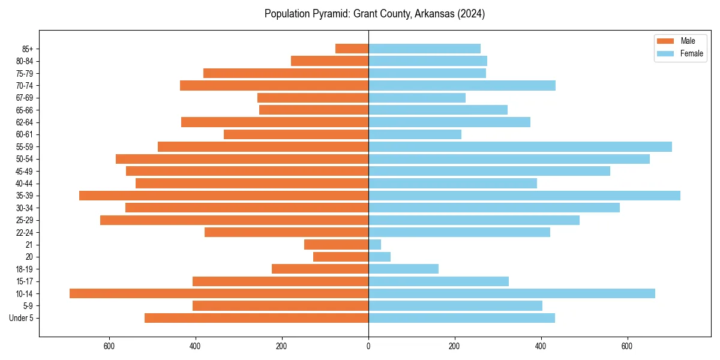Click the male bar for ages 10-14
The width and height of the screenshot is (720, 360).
click(x=219, y=293)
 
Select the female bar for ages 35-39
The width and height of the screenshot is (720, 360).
click(x=524, y=196)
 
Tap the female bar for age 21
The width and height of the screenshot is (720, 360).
click(x=375, y=244)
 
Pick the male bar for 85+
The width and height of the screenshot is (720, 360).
click(x=352, y=49)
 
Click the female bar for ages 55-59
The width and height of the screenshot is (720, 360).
click(x=520, y=146)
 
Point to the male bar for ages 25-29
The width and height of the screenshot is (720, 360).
click(x=234, y=220)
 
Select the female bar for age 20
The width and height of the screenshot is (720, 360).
click(x=380, y=257)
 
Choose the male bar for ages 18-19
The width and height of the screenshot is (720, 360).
click(x=320, y=269)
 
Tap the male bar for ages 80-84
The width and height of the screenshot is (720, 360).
click(x=329, y=61)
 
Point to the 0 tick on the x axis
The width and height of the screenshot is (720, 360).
click(x=368, y=347)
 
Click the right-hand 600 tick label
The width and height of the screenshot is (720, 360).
click(x=627, y=347)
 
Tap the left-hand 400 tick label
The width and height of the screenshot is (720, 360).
click(x=196, y=347)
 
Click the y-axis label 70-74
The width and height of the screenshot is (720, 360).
click(x=25, y=86)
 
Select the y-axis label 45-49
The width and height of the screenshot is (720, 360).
click(x=25, y=171)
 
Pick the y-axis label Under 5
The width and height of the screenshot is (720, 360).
click(x=22, y=318)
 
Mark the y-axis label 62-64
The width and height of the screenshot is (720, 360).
click(x=25, y=122)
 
